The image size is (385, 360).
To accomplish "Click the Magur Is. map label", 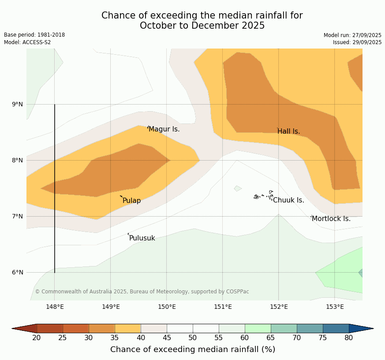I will (164, 129).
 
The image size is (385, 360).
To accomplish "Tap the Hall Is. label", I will (288, 131).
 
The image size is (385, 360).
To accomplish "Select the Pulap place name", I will (131, 201).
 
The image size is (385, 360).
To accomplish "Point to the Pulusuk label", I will (142, 238).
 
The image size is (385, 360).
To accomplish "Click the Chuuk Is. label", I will (288, 200).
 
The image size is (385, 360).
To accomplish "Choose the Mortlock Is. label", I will (331, 219).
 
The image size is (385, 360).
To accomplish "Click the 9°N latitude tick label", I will (18, 105).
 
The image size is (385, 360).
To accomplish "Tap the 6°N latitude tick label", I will (18, 272).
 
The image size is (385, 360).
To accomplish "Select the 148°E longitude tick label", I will (55, 307).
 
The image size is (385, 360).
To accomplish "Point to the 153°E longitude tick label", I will (335, 307).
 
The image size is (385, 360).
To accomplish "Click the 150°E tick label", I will (167, 307).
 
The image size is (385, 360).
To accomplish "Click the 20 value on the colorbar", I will (37, 338).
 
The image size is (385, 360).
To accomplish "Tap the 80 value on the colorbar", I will (349, 338).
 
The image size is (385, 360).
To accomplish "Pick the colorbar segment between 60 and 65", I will (258, 328).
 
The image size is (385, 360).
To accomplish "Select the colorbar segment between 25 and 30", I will (75, 328).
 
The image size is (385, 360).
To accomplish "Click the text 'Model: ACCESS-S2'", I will (27, 42).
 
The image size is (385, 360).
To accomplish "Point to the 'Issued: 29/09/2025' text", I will (357, 42).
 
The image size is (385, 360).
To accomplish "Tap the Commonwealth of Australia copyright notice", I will (142, 292).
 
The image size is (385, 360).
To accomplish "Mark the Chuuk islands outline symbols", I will (264, 195).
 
